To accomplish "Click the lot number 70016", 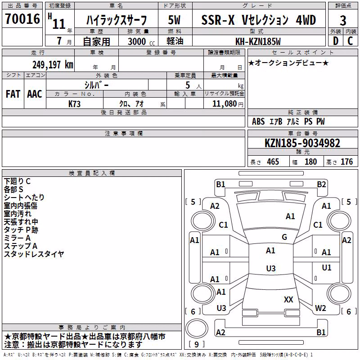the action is point(22,19).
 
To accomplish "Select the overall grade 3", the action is point(343,21).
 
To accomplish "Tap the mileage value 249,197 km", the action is point(53,65).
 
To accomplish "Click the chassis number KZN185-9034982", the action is point(302,143).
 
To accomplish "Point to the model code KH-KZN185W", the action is point(258,41).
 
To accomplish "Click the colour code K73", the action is point(74,104).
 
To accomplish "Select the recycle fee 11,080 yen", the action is point(228,104).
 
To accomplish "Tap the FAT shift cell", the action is point(13,94).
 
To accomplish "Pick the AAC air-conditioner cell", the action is point(35,94).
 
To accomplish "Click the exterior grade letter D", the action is point(336,41).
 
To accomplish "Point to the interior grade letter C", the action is point(350,41).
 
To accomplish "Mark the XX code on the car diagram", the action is point(288,300).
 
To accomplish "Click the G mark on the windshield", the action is point(284,237).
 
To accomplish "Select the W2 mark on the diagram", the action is point(320,308).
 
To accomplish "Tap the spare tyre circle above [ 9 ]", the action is point(197,328).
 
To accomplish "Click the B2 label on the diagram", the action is point(321,184).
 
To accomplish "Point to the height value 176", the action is point(346,162).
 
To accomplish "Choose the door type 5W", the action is point(175,20).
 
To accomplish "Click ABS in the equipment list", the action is point(258,121).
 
